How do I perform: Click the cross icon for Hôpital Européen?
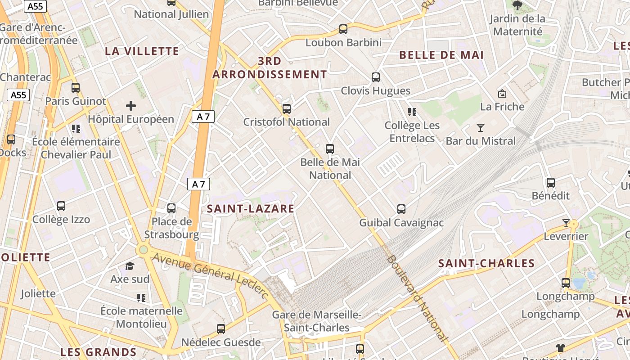pos(131,106)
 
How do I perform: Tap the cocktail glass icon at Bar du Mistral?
pos(481,128)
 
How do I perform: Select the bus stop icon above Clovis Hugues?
pos(376,77)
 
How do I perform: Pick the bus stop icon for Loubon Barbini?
pos(343,29)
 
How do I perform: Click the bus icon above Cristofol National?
pos(287,109)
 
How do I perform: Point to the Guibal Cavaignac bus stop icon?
pos(401,209)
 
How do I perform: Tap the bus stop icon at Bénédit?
pos(551,183)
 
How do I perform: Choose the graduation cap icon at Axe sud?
pos(130,266)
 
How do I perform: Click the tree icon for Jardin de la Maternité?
pos(517,5)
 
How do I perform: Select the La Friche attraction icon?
pos(502,94)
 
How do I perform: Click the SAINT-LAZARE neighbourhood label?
pos(251,209)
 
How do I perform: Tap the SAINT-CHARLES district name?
pos(486,264)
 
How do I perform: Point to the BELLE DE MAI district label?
pos(441,55)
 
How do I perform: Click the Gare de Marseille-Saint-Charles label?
pos(317,321)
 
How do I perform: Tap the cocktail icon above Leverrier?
pos(566,223)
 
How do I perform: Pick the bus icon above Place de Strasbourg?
pos(171,208)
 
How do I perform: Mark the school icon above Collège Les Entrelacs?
pos(412,112)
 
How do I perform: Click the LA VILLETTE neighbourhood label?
pos(142,51)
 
